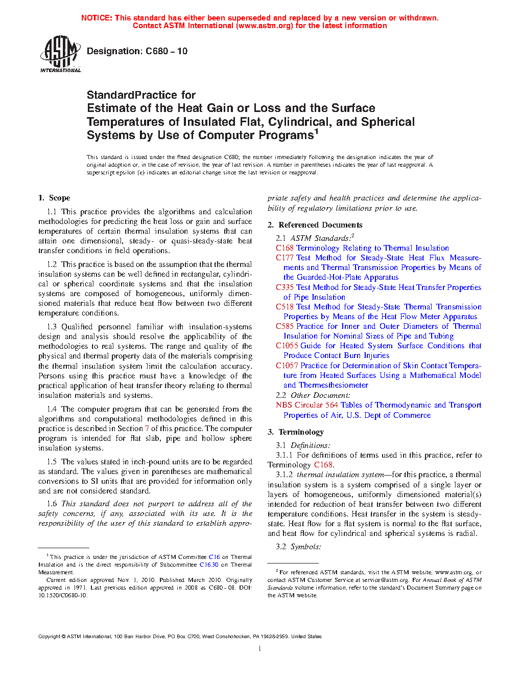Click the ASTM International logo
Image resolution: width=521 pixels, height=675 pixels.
click(x=60, y=53)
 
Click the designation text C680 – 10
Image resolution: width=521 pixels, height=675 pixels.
click(x=137, y=51)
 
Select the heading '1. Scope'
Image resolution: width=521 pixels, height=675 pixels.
click(x=54, y=198)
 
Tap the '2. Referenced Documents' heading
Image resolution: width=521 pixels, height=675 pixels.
click(x=315, y=225)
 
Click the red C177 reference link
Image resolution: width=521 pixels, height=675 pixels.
click(x=285, y=258)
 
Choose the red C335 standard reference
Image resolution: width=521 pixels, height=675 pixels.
click(x=285, y=287)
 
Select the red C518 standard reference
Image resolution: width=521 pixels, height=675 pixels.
click(x=285, y=307)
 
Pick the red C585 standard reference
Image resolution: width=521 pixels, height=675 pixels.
click(x=285, y=326)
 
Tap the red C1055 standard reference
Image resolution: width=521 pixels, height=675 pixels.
click(x=287, y=346)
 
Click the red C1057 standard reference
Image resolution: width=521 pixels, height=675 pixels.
click(x=287, y=366)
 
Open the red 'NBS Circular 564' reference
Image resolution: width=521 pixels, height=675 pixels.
click(x=306, y=405)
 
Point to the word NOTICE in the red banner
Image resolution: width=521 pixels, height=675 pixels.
click(x=97, y=18)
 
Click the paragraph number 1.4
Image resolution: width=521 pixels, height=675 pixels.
click(x=52, y=409)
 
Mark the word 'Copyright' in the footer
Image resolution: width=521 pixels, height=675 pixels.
click(x=49, y=637)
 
